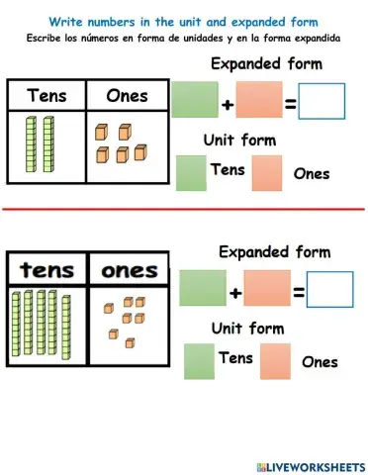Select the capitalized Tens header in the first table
coord(46,96)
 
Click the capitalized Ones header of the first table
coord(127,96)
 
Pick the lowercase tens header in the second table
coord(47,269)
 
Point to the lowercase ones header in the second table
coord(130,269)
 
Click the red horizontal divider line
coord(184,209)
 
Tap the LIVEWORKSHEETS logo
coord(303,464)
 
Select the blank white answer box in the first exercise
coord(322,100)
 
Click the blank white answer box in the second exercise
coord(329,288)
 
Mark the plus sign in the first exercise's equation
coord(228,102)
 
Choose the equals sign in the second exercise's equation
coord(298,291)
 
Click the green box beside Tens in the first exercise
coord(191,173)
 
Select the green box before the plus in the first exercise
coord(195,100)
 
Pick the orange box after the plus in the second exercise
coord(267,288)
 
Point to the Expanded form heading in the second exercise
coord(274,251)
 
